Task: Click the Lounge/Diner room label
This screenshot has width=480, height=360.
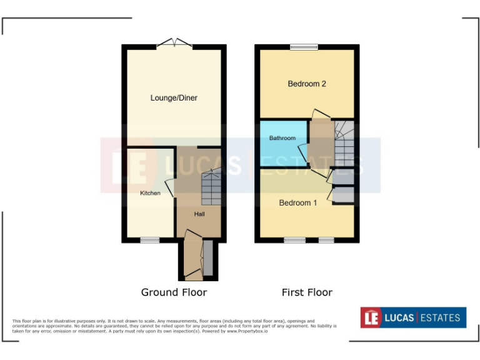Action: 174,98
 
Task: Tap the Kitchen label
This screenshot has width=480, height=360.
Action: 150,193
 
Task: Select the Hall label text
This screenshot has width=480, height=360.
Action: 199,214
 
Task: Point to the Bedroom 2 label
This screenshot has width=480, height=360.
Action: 307,84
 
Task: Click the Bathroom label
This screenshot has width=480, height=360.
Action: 282,138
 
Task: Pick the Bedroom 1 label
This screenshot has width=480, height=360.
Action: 298,203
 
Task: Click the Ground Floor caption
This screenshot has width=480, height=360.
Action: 174,292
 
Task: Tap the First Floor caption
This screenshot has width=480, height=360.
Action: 307,292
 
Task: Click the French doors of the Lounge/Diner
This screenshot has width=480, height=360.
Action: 174,44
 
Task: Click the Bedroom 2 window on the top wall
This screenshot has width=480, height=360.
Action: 304,47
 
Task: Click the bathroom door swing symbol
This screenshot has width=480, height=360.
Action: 303,152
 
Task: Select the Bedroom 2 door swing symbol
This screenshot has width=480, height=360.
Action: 321,114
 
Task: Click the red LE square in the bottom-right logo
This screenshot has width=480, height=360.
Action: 371,317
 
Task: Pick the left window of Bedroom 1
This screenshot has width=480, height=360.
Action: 294,240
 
